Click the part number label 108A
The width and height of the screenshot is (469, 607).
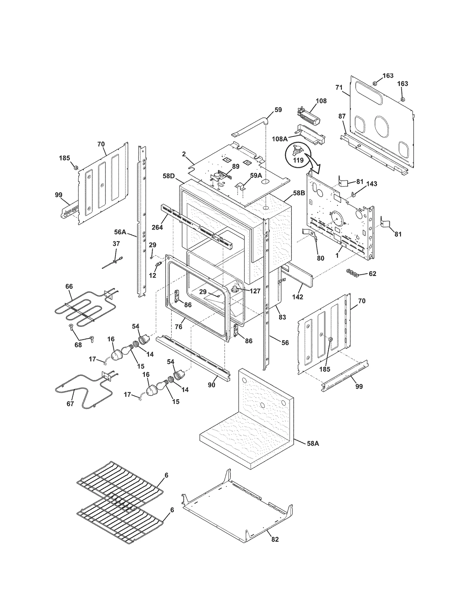(x=279, y=139)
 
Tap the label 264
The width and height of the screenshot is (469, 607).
(x=157, y=227)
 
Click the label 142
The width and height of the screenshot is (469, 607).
(x=297, y=297)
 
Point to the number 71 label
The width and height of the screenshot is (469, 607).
(x=339, y=87)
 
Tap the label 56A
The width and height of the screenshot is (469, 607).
(x=120, y=232)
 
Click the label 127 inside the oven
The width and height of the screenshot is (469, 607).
(x=255, y=291)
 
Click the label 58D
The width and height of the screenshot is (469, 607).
(x=169, y=176)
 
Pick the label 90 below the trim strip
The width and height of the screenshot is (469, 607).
(x=211, y=385)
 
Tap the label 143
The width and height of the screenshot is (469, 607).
(x=372, y=184)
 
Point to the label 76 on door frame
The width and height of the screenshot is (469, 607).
(x=179, y=327)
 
